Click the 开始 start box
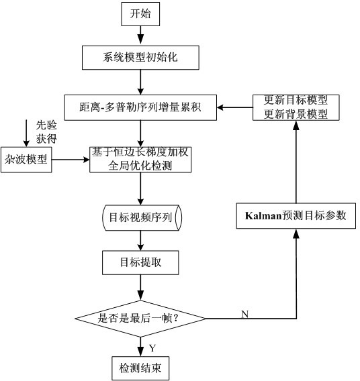(140, 14)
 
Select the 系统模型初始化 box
(140, 58)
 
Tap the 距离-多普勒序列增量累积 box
(140, 107)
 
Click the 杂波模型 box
(26, 160)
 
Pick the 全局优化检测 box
(140, 160)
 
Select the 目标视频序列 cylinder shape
(142, 217)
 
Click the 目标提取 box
(140, 263)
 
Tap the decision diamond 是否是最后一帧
(140, 319)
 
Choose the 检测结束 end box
(140, 368)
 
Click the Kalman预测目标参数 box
(296, 216)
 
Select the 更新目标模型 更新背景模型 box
(296, 107)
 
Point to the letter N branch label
(245, 314)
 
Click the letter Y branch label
(152, 348)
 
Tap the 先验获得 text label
(46, 132)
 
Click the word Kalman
(263, 216)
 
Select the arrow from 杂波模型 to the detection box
(71, 160)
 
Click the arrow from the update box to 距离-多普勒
(234, 107)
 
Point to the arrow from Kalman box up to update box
(296, 162)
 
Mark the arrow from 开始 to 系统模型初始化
(140, 36)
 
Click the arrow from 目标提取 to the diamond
(140, 288)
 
